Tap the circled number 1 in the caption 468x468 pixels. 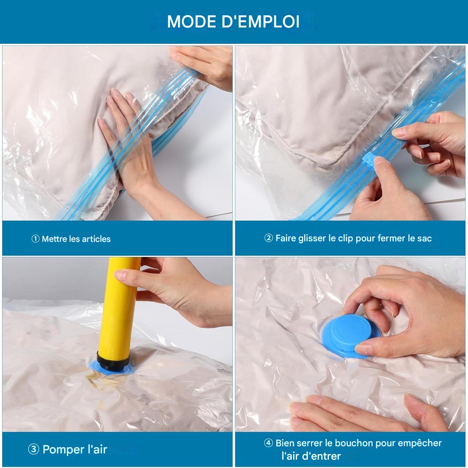35,239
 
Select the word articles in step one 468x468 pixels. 96,239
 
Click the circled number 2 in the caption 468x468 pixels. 269,238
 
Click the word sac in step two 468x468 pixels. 425,238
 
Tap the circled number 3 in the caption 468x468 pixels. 33,449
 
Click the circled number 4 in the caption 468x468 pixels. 269,443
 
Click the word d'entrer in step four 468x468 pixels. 321,456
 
